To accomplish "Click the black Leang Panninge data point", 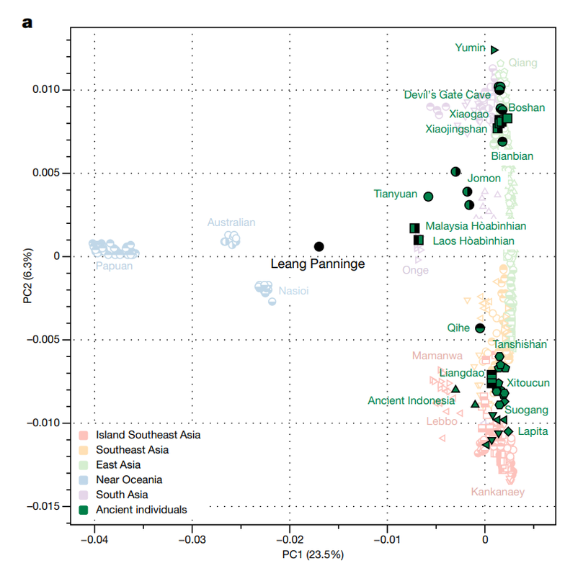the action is (x=319, y=246).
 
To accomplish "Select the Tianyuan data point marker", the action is (x=428, y=197).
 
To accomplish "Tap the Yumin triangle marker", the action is (x=494, y=50).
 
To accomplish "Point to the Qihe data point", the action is (x=480, y=328).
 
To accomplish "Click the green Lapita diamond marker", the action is (x=508, y=431).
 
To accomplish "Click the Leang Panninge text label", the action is (x=318, y=264).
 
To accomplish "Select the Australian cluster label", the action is (x=231, y=222).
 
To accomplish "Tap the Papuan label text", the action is (x=114, y=266).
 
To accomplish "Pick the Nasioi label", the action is (x=293, y=291).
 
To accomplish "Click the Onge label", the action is (x=415, y=270).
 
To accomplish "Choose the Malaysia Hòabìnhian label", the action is (x=476, y=225).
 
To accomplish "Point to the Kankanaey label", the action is (x=498, y=492).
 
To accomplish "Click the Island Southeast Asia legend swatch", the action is (x=84, y=436).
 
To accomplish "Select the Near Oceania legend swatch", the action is (x=84, y=480).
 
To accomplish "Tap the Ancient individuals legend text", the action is (x=141, y=510).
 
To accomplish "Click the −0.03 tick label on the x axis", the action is (x=192, y=539).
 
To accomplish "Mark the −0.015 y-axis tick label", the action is (x=43, y=506).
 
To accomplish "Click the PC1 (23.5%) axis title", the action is (x=313, y=554).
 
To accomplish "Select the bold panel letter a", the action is (x=27, y=23).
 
